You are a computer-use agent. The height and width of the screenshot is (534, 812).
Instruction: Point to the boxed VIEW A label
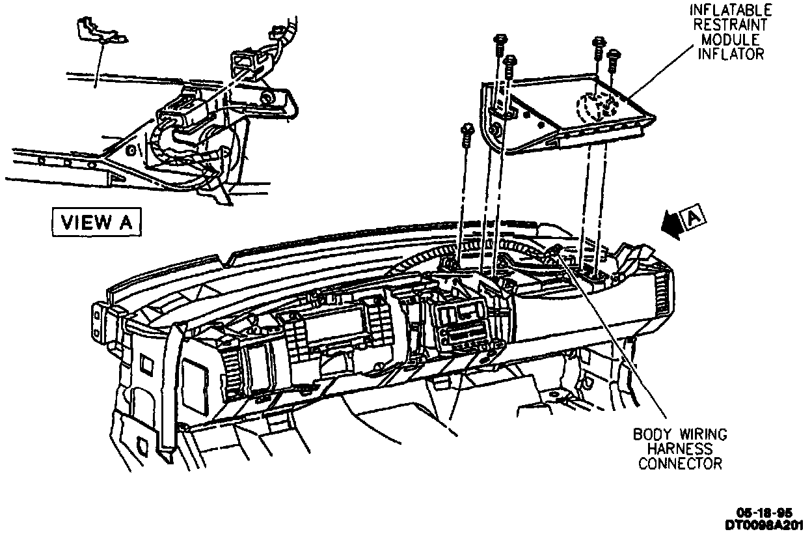click(x=96, y=222)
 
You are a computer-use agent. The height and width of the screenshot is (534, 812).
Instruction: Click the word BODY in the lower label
click(x=653, y=434)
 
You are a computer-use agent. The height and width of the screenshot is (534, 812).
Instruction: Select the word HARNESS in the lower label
click(x=680, y=449)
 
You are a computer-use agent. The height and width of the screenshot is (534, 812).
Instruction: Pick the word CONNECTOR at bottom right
click(x=680, y=464)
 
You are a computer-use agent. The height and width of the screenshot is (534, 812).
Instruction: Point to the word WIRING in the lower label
click(x=702, y=434)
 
